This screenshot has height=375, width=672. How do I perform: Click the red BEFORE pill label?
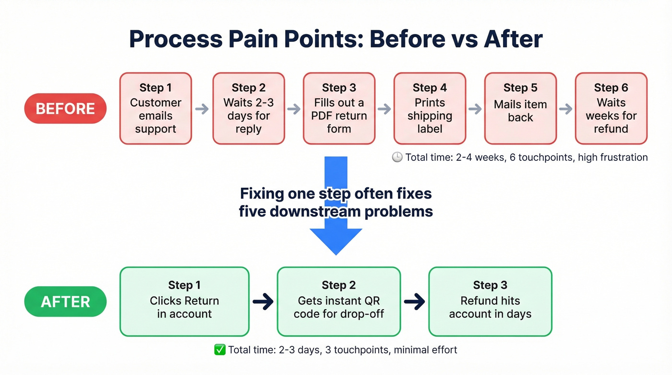(x=65, y=109)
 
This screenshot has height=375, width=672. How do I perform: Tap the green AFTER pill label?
(x=65, y=302)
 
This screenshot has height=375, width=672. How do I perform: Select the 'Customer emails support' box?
(x=156, y=109)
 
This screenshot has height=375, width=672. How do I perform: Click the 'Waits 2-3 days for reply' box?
(x=249, y=109)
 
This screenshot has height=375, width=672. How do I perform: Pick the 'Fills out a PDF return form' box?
(x=339, y=109)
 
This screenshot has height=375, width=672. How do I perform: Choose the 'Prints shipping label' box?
(x=430, y=109)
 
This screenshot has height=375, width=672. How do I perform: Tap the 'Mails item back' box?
(x=520, y=109)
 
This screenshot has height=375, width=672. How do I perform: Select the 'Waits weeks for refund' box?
(x=611, y=109)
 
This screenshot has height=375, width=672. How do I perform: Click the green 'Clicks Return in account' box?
(x=184, y=302)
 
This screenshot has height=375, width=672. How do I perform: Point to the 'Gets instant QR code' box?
(x=338, y=302)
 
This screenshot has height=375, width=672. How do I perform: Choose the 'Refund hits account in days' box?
(x=490, y=302)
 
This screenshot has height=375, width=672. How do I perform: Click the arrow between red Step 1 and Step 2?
(x=202, y=109)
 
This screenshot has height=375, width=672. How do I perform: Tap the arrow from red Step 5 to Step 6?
(x=566, y=109)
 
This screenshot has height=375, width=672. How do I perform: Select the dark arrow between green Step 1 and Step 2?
(x=263, y=302)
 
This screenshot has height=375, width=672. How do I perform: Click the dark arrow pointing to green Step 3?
(x=414, y=302)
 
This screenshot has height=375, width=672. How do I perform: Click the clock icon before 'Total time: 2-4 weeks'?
(x=397, y=157)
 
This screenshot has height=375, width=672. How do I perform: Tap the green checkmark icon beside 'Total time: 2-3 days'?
(x=220, y=350)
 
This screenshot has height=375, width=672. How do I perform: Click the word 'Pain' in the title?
(x=249, y=39)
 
